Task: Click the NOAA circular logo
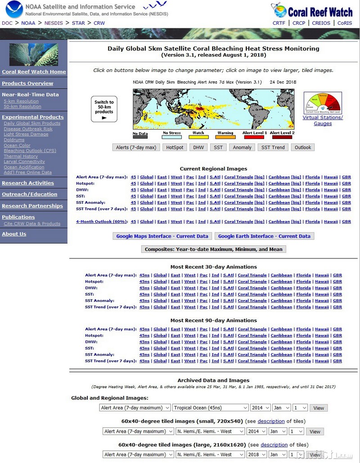(x=13, y=10)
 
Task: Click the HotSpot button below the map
(x=174, y=147)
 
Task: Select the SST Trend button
(x=273, y=147)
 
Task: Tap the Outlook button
(x=303, y=147)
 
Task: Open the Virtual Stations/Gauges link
(x=323, y=120)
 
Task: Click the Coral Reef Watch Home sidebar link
(x=34, y=72)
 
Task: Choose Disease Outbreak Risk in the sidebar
(x=28, y=129)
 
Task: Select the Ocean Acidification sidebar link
(x=24, y=167)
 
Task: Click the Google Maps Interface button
(x=162, y=236)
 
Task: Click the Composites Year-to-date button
(x=213, y=249)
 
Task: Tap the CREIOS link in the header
(x=321, y=23)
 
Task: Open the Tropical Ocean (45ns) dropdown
(x=210, y=408)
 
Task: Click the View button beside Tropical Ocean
(x=319, y=408)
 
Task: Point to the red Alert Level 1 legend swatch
(x=254, y=137)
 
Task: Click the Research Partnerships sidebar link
(x=32, y=206)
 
